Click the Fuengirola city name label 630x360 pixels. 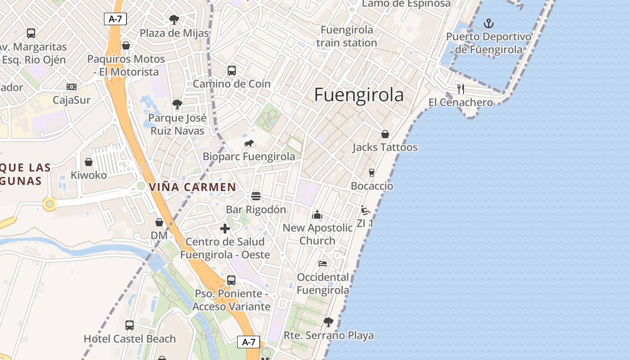tap(359, 95)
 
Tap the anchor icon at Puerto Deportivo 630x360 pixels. tap(488, 23)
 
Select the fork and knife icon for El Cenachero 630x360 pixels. tap(460, 89)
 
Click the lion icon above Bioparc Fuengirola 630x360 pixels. tap(249, 144)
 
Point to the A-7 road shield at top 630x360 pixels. tap(115, 19)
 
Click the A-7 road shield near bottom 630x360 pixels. tap(248, 342)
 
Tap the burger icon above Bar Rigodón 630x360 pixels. tap(256, 196)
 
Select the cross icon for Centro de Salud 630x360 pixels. tap(225, 229)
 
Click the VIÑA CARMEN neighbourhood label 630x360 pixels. tap(192, 187)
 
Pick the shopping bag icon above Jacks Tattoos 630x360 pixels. tap(385, 134)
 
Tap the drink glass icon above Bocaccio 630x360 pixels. tap(372, 173)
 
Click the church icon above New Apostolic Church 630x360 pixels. tap(317, 215)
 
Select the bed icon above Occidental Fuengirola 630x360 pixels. tap(323, 264)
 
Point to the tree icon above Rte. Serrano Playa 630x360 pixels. tap(328, 322)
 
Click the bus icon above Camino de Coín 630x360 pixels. tap(232, 71)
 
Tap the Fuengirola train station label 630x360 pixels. tap(346, 36)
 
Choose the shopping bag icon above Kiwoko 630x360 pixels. tap(89, 162)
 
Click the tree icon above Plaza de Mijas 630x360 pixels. tap(174, 20)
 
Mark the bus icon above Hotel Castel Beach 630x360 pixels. tap(130, 325)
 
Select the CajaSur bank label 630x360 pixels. tap(72, 100)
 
